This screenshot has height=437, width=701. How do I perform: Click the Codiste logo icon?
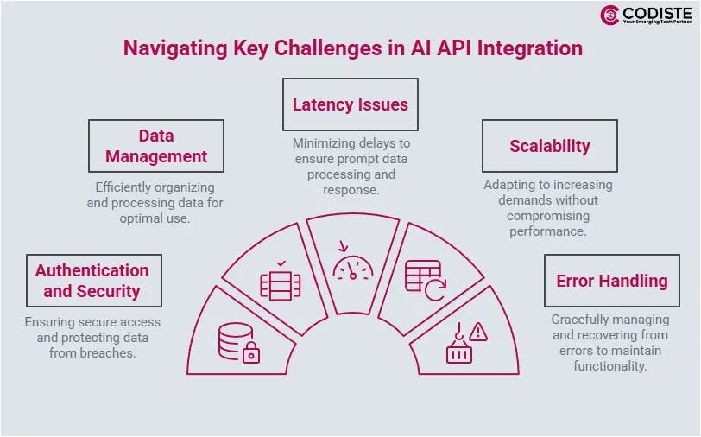pyautogui.click(x=610, y=16)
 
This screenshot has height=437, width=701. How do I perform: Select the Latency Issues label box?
pyautogui.click(x=350, y=104)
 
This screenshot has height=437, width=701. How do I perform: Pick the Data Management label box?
pyautogui.click(x=156, y=146)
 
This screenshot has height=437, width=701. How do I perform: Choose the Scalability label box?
pyautogui.click(x=550, y=146)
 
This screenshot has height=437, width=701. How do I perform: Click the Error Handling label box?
pyautogui.click(x=611, y=281)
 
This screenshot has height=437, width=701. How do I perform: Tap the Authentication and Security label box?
pyautogui.click(x=92, y=281)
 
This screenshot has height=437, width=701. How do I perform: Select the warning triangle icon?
pyautogui.click(x=478, y=331)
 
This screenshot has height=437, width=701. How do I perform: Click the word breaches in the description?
pyautogui.click(x=109, y=353)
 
